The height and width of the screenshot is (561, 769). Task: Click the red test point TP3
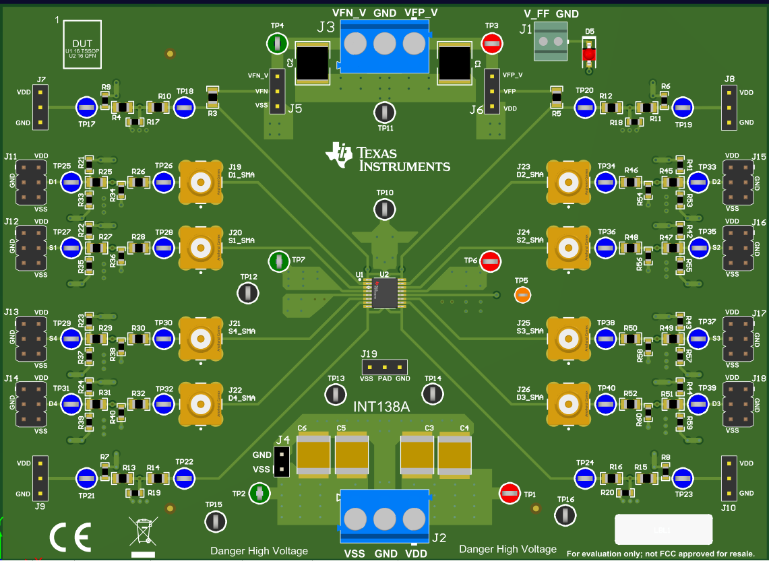tap(492, 44)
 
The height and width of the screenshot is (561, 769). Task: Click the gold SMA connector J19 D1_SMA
tap(200, 182)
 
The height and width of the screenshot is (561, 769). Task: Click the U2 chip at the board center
tap(383, 293)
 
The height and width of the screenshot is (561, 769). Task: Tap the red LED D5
tap(589, 53)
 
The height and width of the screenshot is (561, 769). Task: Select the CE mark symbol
tap(70, 537)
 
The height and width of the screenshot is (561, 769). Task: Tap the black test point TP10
tap(384, 209)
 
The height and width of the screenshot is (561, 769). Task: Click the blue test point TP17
tap(86, 106)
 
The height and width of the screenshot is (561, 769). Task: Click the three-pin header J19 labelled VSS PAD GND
tap(385, 367)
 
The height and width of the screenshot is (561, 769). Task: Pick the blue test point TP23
tap(682, 478)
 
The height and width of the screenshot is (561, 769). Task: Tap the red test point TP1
tap(509, 494)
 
